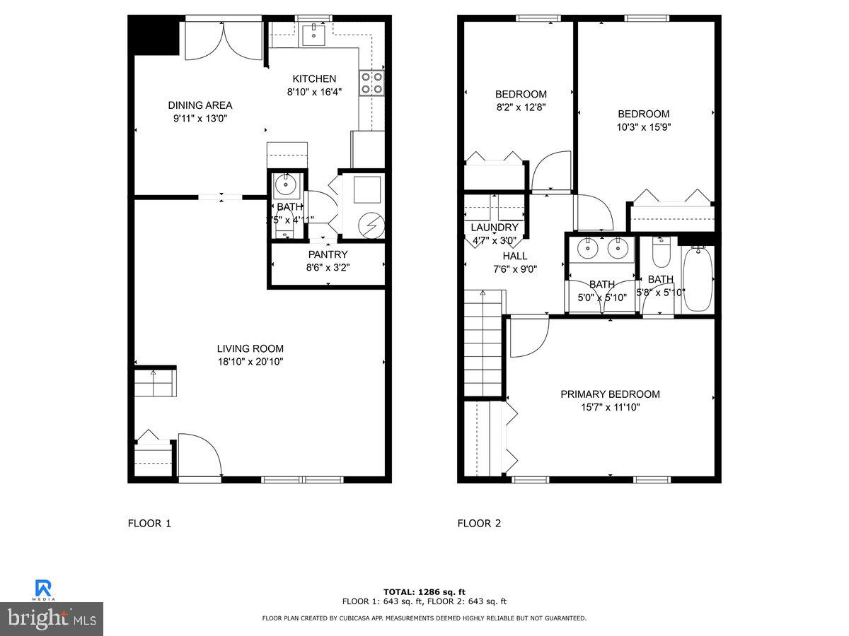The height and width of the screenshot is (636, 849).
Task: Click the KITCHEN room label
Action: (315, 78)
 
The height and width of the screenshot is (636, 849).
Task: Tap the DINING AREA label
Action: (200, 105)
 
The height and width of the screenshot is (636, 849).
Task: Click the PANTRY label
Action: (328, 254)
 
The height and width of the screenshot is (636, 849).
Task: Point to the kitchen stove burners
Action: (372, 83)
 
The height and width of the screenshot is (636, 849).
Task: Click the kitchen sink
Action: (313, 33)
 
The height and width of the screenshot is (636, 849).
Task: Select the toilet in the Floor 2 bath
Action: (661, 254)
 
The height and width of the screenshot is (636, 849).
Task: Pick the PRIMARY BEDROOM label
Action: (610, 394)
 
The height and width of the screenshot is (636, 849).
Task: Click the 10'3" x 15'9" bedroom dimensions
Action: (643, 127)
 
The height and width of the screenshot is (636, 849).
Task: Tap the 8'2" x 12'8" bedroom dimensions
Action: (520, 107)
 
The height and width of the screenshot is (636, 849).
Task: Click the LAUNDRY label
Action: (495, 228)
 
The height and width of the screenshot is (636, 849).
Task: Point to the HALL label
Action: (515, 256)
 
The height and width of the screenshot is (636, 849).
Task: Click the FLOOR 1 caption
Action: (149, 524)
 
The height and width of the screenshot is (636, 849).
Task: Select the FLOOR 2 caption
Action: (479, 524)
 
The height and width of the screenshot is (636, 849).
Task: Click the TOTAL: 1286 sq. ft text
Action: (424, 591)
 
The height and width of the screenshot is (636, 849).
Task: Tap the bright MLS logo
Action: (52, 618)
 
